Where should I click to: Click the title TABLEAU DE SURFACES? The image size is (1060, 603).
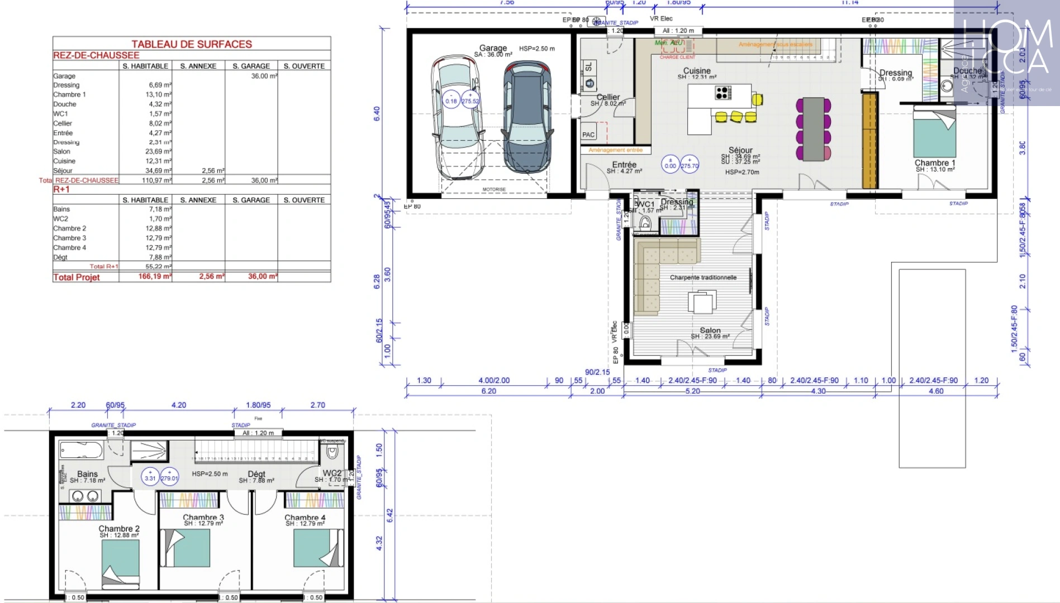tap(192, 44)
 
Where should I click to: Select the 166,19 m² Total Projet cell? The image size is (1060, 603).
tap(155, 276)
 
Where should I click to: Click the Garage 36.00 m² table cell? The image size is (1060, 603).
tap(263, 76)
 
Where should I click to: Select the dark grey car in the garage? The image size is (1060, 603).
tap(527, 116)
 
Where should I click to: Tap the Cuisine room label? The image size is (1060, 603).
tap(697, 71)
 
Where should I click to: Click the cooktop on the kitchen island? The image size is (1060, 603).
tap(722, 93)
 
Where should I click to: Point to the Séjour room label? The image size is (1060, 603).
tap(740, 150)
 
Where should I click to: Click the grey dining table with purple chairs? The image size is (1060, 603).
tap(814, 128)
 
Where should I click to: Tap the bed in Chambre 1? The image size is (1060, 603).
tap(934, 134)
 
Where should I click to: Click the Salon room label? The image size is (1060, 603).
tap(710, 331)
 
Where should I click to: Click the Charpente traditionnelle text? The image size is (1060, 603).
tap(703, 277)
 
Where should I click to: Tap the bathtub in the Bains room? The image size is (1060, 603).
tap(82, 450)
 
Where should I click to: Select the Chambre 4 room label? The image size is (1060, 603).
tap(305, 518)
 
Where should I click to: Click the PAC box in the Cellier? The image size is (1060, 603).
tap(588, 134)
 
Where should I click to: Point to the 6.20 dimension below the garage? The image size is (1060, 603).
tap(488, 391)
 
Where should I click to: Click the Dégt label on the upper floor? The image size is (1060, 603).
tap(256, 474)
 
